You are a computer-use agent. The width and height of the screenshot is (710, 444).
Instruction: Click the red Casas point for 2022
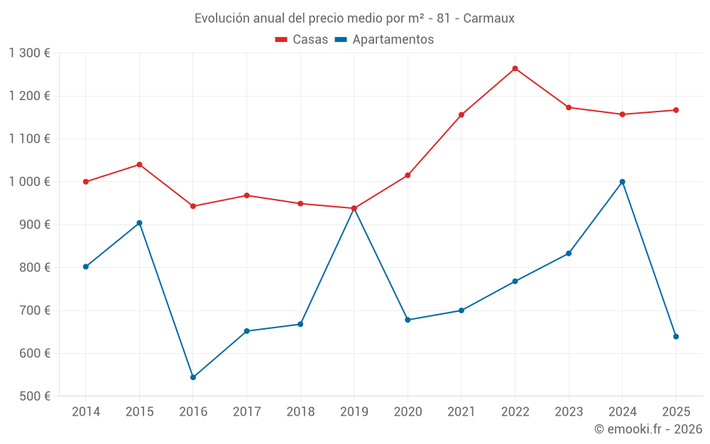coord(515,69)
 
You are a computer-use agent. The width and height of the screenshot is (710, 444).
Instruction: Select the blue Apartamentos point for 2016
coord(193,377)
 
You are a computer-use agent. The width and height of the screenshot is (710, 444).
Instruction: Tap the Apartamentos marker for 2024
coord(622,182)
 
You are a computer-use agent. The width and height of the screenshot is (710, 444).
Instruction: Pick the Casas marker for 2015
coord(139,165)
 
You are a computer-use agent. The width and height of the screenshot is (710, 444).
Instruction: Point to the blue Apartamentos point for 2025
coord(676,337)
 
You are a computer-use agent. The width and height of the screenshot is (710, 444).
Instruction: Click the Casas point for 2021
coord(461,115)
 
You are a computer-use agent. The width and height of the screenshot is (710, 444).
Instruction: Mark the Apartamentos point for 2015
coord(139,223)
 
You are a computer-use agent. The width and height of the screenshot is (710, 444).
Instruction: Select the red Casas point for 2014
coord(86,182)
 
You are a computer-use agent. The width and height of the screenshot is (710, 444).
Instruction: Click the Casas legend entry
coord(302,40)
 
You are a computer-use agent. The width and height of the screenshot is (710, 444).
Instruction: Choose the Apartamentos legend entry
coord(384,40)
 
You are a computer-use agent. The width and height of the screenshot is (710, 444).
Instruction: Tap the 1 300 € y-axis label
coord(29,53)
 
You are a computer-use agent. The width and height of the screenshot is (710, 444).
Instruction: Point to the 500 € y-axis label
coord(35,396)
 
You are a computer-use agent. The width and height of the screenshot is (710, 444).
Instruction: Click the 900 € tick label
coord(35,224)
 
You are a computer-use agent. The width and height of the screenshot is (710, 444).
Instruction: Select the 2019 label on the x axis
coord(354,412)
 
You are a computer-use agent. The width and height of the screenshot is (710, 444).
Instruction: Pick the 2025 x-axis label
coord(676,412)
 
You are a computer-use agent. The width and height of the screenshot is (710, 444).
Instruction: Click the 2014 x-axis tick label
coord(86,412)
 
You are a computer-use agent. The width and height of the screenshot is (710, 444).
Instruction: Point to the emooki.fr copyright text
coord(648,429)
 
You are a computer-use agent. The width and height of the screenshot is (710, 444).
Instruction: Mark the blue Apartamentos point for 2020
coord(408,320)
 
